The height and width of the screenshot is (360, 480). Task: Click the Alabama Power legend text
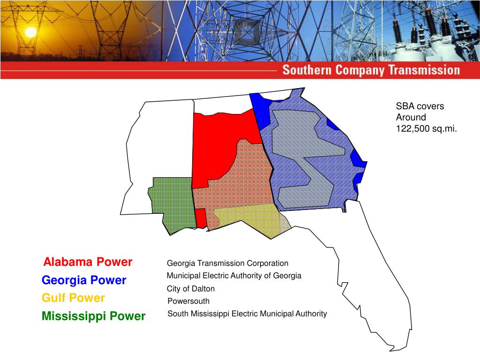(x=88, y=262)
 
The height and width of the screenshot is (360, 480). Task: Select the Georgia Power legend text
(x=84, y=280)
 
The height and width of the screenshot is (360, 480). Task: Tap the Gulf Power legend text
(x=73, y=298)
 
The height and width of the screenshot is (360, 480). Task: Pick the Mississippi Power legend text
(x=93, y=316)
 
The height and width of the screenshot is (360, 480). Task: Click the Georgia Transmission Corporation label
(x=227, y=263)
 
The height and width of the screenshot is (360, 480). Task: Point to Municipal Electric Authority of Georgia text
(x=234, y=276)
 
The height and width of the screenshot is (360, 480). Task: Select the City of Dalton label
(x=191, y=289)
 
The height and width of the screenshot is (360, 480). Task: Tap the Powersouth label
(x=188, y=301)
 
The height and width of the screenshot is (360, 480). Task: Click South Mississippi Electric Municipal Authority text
(x=247, y=314)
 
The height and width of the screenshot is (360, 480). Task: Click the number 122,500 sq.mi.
(x=426, y=129)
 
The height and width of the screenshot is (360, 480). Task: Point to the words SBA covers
(x=420, y=106)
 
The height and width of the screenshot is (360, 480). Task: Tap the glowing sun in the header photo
(x=30, y=32)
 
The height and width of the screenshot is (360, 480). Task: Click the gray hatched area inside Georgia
(x=300, y=155)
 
